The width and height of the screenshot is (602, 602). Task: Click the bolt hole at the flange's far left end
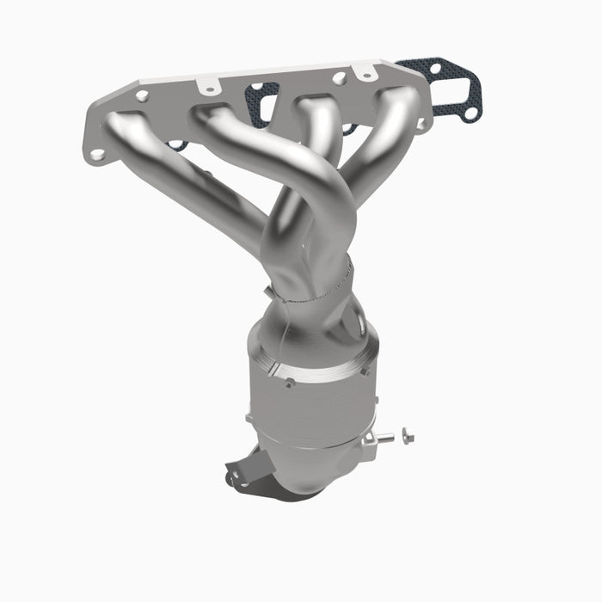(98, 155)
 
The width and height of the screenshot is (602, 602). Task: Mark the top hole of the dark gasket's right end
(435, 68)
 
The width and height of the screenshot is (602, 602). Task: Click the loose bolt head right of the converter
(407, 437)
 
